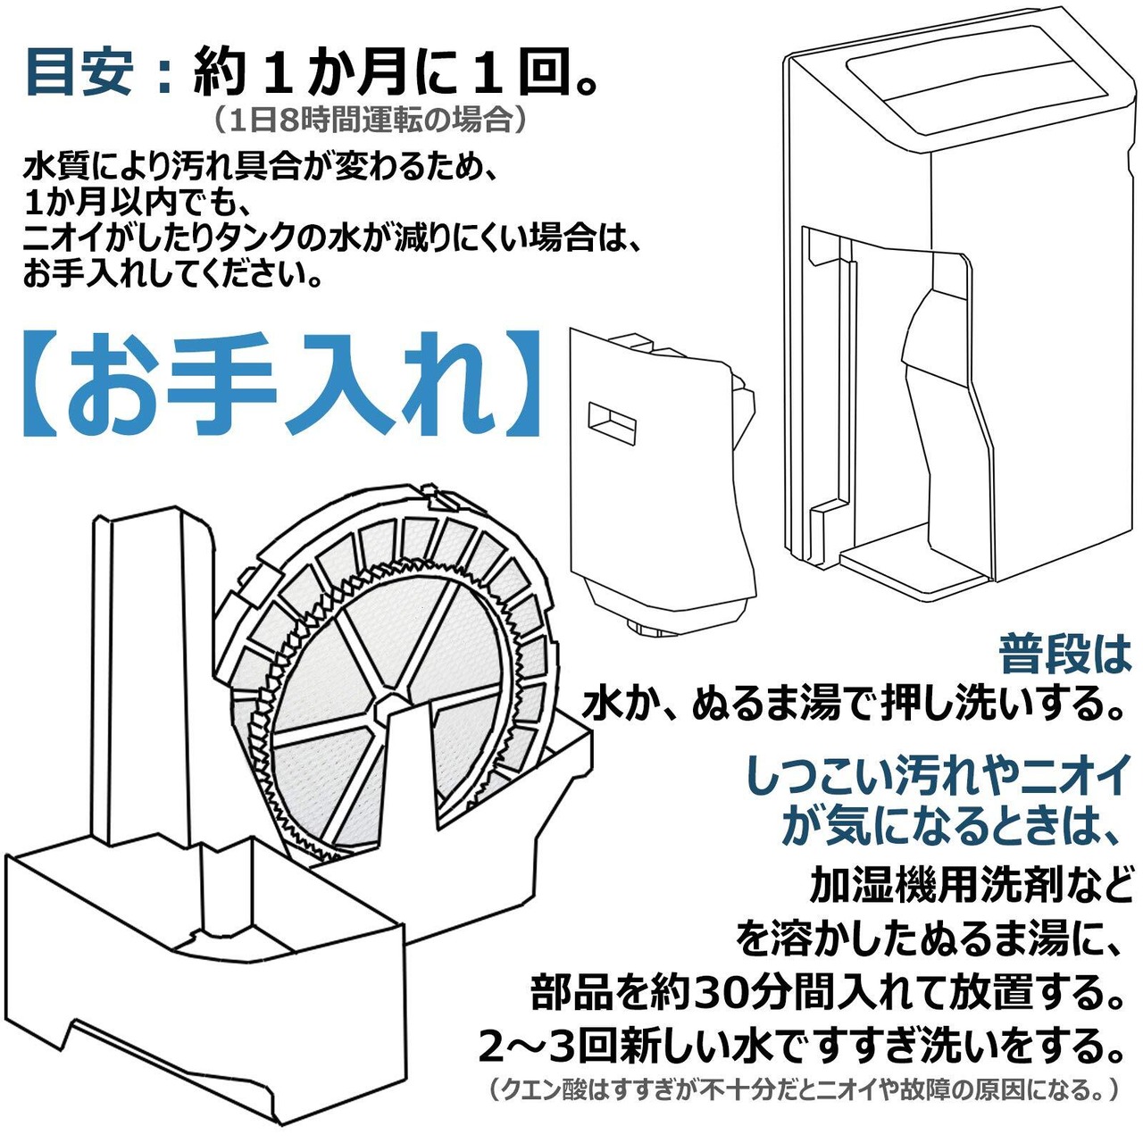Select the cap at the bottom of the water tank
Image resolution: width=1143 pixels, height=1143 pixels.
point(655,629)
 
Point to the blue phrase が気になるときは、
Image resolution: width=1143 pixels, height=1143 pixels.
point(952,826)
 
